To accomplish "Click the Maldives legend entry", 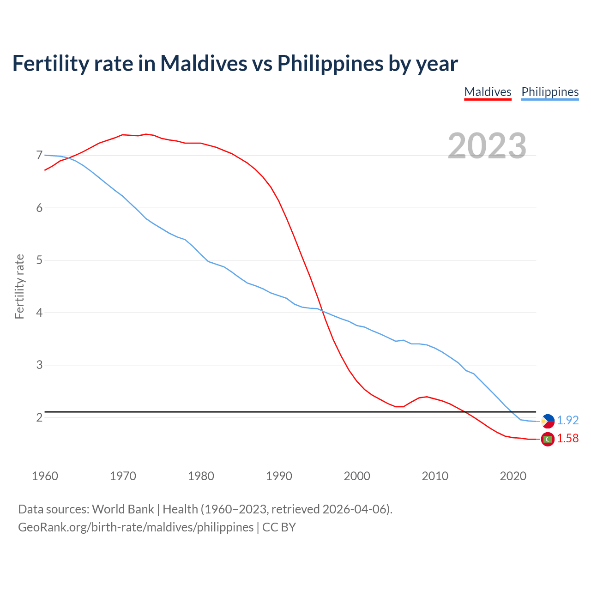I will point(488,92).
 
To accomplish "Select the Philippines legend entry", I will point(550,92).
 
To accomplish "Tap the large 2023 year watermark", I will point(487,146).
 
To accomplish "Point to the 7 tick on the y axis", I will point(39,155).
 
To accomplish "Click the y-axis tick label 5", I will point(39,260).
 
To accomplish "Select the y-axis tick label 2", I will point(39,417).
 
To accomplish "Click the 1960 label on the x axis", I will point(45,476).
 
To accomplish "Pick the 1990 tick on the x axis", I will point(279,476).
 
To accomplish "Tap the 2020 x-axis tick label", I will point(513,476).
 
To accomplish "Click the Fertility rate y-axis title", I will point(19,286).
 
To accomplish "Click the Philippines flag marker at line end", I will point(548,421).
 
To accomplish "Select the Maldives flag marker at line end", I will point(548,439).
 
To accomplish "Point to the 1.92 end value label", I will point(567,420).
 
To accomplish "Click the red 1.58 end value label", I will point(567,438).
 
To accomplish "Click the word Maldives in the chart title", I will point(204,63).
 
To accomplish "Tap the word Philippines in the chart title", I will point(330,63).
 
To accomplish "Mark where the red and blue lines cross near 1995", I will point(322,311).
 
